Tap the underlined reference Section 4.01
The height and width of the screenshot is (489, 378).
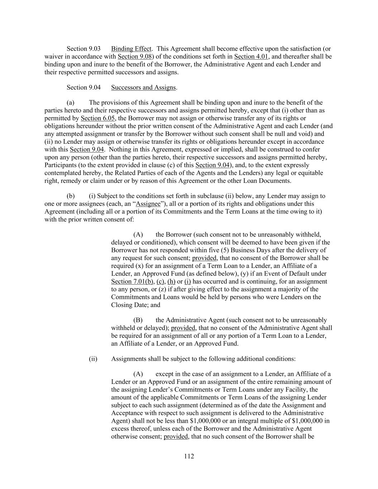(251, 57)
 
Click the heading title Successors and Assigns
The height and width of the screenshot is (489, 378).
(143, 87)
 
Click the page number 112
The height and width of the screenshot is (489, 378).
(189, 456)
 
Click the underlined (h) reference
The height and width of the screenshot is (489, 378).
(171, 282)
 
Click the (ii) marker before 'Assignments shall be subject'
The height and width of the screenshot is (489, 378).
(93, 359)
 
